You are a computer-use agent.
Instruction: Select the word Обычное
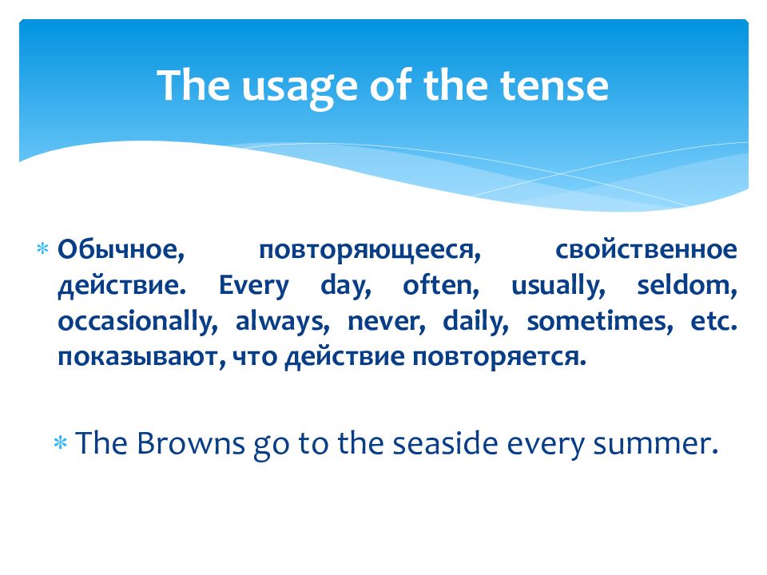[121, 250]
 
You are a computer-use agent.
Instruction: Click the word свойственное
[646, 249]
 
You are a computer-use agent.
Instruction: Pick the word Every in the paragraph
[253, 287]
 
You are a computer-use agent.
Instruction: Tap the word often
[441, 286]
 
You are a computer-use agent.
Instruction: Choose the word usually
[558, 287]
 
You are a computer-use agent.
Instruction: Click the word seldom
[687, 286]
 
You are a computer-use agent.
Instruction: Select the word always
[283, 322]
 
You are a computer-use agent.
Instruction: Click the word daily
[475, 322]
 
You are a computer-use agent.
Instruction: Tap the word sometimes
[600, 322]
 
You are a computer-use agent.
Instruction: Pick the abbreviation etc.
[713, 322]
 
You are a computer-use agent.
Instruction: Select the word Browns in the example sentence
[190, 443]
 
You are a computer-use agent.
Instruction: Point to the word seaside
[445, 443]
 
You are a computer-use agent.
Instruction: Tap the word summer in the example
[655, 445]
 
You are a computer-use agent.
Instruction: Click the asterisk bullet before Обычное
[42, 249]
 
